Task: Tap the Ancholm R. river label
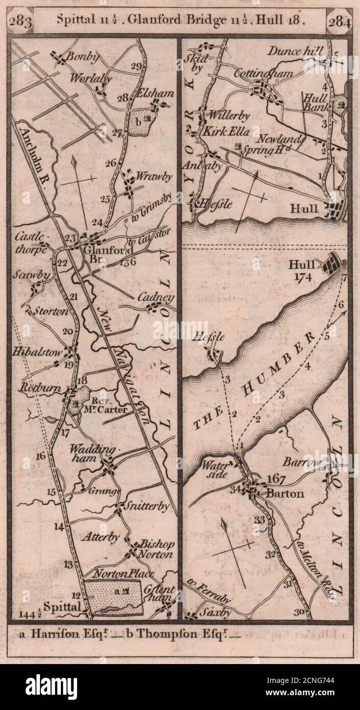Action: pos(36,153)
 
